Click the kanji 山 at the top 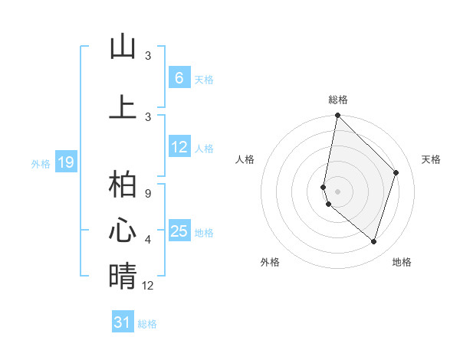123,47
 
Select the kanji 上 123,107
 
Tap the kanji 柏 123,185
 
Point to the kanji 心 123,231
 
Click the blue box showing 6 179,78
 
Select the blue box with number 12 179,148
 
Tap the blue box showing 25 179,232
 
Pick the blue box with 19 66,162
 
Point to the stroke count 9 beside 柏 148,193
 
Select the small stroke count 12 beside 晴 148,285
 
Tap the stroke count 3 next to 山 148,56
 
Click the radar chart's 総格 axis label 337,100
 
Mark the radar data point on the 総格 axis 337,116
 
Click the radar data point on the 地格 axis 374,241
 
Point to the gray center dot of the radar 337,191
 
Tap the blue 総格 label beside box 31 148,324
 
